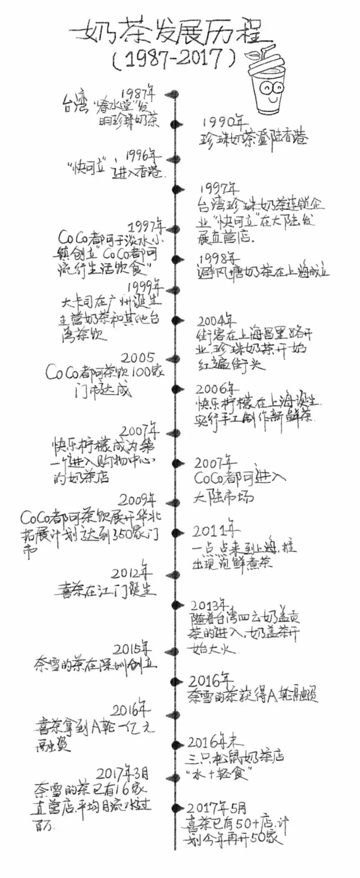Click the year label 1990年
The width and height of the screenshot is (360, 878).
pyautogui.click(x=225, y=122)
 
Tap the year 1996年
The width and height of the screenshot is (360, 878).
pyautogui.click(x=142, y=156)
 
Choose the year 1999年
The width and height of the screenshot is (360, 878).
pyautogui.click(x=145, y=287)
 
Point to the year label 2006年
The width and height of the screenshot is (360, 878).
pyautogui.click(x=216, y=389)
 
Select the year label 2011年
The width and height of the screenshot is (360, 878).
pyautogui.click(x=215, y=530)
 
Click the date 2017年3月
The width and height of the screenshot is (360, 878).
pyautogui.click(x=122, y=774)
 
